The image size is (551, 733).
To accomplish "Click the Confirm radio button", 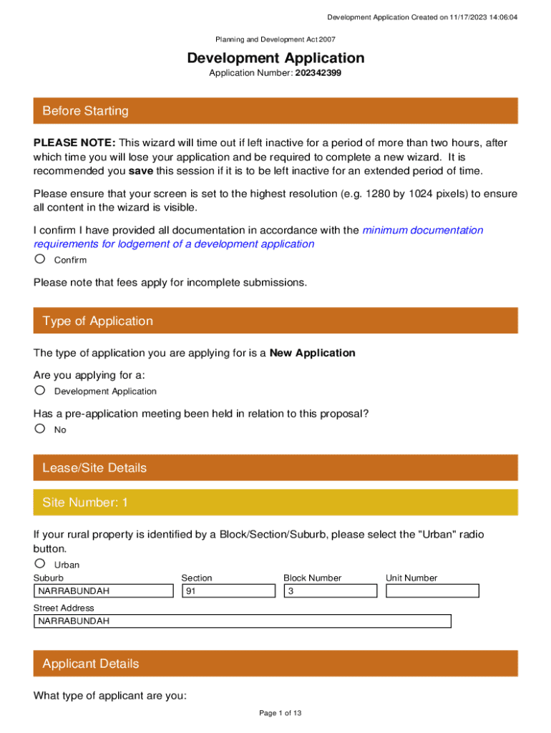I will click(x=40, y=259).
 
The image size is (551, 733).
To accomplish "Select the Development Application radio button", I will click(x=40, y=390).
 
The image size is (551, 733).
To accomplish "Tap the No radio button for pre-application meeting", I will click(x=40, y=429).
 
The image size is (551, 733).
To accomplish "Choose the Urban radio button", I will click(x=40, y=563).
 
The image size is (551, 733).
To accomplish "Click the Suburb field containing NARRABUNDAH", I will click(x=104, y=591).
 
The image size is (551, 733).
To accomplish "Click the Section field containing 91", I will click(x=228, y=591).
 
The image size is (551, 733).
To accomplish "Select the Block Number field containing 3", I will click(x=330, y=591).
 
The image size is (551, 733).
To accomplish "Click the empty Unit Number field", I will click(x=432, y=591).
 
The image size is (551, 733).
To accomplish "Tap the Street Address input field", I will click(x=243, y=621).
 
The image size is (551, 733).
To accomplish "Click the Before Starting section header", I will click(x=275, y=111).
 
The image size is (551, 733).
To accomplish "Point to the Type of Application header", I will click(x=275, y=321).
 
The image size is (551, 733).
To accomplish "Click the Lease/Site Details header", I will click(x=275, y=467).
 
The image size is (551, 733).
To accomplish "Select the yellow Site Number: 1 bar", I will click(x=275, y=503).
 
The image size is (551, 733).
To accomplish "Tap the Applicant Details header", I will click(x=275, y=664).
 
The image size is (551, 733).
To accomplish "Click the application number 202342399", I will click(x=318, y=73).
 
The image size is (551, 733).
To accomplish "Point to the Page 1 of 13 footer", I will click(x=275, y=713).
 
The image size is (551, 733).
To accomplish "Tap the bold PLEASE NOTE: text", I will click(x=75, y=143).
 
